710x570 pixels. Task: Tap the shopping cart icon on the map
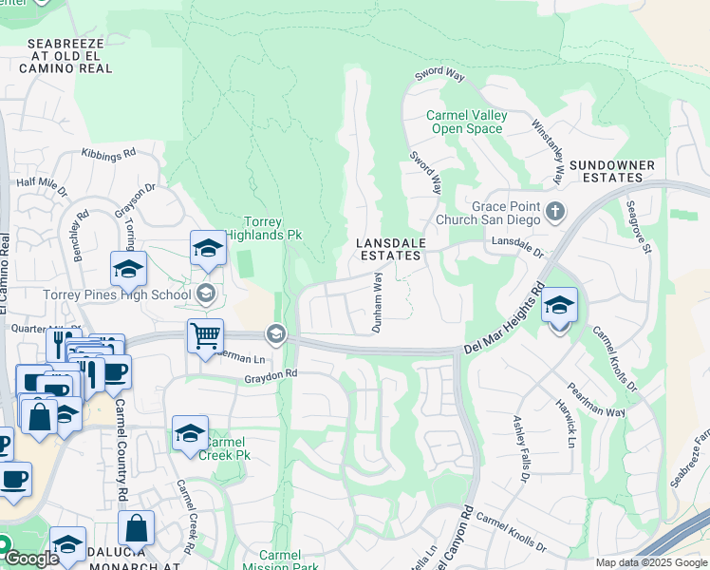pyautogui.click(x=205, y=337)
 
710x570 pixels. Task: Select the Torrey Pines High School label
pyautogui.click(x=117, y=294)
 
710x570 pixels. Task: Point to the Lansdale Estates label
pyautogui.click(x=388, y=250)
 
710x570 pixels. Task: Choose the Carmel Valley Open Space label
pyautogui.click(x=467, y=122)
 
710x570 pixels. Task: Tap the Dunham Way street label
pyautogui.click(x=377, y=302)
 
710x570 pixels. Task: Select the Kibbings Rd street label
pyautogui.click(x=108, y=153)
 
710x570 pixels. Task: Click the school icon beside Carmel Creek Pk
pyautogui.click(x=190, y=434)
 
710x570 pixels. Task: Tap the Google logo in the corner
pyautogui.click(x=31, y=559)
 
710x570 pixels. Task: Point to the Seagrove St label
pyautogui.click(x=637, y=227)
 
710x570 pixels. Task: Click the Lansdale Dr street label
pyautogui.click(x=516, y=249)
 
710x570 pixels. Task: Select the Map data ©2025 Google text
pyautogui.click(x=650, y=562)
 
